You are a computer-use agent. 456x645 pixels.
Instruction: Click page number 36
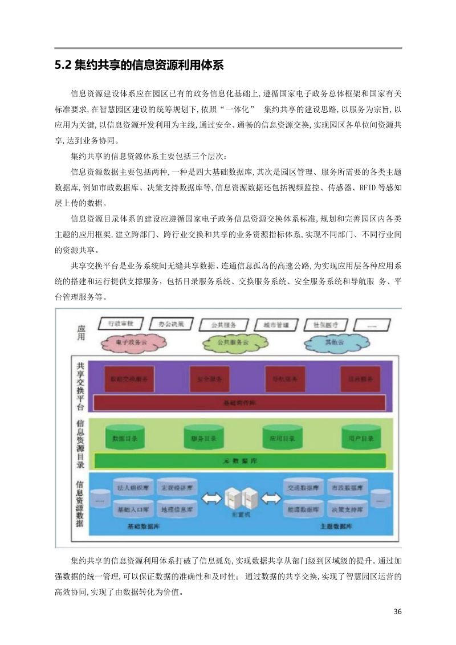[x=398, y=612]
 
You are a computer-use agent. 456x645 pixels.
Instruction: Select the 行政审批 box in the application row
[x=121, y=324]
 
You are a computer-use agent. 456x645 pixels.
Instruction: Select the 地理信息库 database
[x=178, y=508]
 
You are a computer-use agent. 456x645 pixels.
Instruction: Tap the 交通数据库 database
[x=304, y=488]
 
